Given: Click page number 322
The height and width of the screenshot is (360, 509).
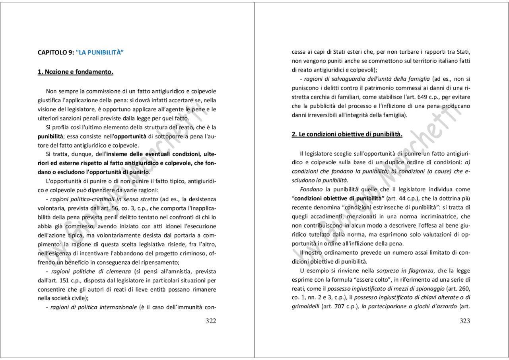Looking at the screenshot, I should tap(211, 321).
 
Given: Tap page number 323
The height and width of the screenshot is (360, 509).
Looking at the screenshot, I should tap(465, 321).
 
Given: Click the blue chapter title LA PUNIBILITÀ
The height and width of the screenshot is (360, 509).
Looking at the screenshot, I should tap(100, 52).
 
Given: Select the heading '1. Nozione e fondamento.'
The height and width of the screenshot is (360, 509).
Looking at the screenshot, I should tap(76, 72).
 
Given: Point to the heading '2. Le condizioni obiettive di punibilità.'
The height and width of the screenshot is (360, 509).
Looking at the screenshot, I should tap(347, 134).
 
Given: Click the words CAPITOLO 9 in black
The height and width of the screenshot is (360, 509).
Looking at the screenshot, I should tap(55, 52).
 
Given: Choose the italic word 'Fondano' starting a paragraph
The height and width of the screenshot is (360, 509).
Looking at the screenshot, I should tap(311, 189).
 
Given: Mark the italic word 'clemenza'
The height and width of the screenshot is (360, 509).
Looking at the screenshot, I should tap(118, 272).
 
